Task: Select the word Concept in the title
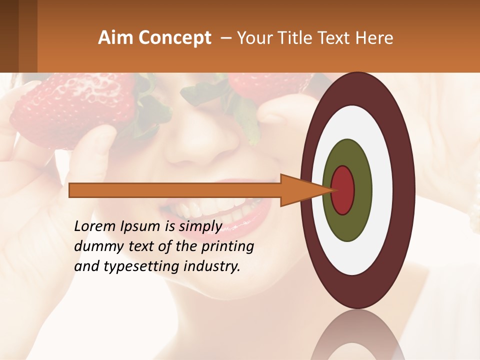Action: [175, 38]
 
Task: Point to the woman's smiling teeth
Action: [220, 210]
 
